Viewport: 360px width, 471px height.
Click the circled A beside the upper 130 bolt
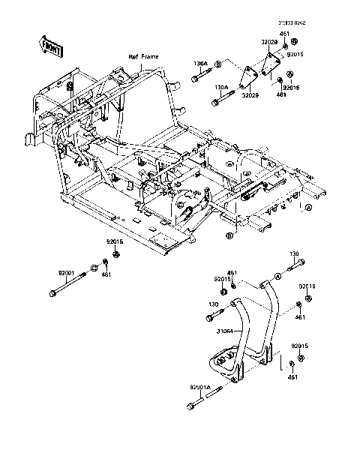pos(277,276)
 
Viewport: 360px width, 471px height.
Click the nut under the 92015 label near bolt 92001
pos(116,255)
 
